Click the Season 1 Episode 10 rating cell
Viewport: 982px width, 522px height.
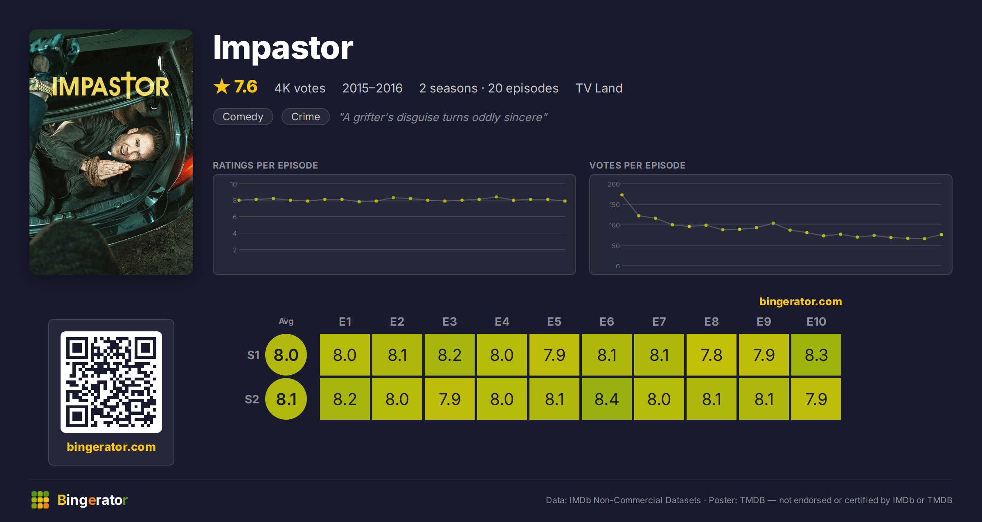click(x=816, y=355)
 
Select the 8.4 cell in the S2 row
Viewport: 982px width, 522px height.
click(x=607, y=399)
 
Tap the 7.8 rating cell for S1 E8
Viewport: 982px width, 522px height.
click(x=712, y=355)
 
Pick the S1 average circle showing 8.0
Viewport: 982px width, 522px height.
click(x=286, y=355)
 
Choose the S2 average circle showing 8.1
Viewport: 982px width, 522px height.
click(x=286, y=399)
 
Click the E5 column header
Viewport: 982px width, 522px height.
click(x=554, y=322)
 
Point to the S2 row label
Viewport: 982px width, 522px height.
click(x=252, y=399)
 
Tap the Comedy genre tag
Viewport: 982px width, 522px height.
click(x=243, y=117)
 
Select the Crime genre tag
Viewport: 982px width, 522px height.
click(x=306, y=117)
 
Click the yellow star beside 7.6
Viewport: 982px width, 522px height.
click(x=222, y=86)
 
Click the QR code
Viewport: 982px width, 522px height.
click(x=111, y=382)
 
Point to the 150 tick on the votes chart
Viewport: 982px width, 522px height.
click(x=614, y=205)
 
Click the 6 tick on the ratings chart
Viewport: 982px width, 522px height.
click(x=235, y=217)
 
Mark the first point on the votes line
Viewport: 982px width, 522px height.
click(x=622, y=195)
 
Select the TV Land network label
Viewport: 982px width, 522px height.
click(x=599, y=88)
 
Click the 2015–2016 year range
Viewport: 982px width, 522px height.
click(x=372, y=88)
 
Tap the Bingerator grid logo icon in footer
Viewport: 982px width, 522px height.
click(x=40, y=500)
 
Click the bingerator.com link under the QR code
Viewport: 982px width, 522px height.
click(x=111, y=447)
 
